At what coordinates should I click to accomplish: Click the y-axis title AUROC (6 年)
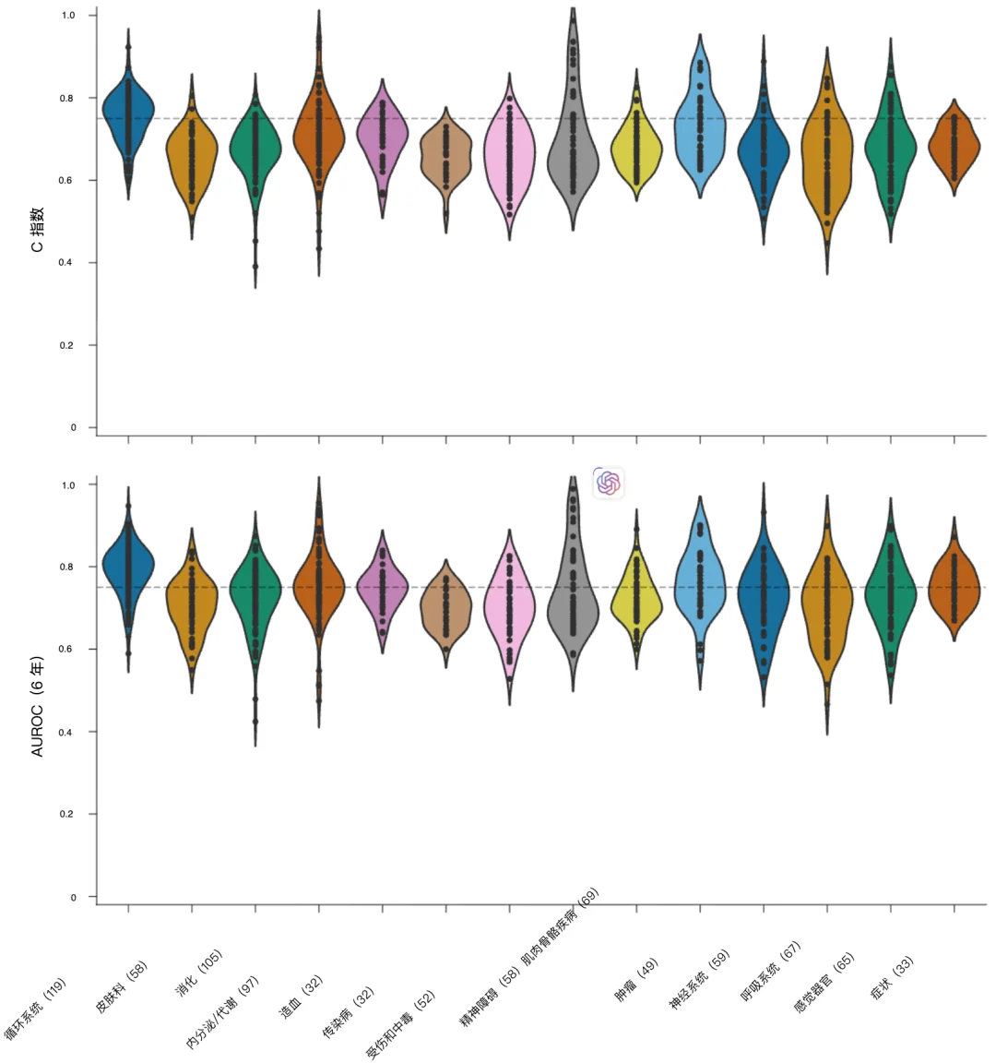click(38, 706)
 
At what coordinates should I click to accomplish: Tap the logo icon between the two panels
click(608, 482)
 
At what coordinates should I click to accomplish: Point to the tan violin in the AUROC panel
click(446, 614)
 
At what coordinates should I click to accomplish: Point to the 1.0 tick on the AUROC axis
click(67, 484)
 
